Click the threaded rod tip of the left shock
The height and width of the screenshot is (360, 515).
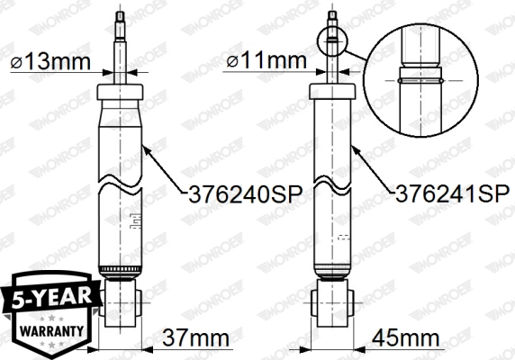pyautogui.click(x=121, y=22)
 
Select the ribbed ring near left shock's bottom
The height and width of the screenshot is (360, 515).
pyautogui.click(x=121, y=271)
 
